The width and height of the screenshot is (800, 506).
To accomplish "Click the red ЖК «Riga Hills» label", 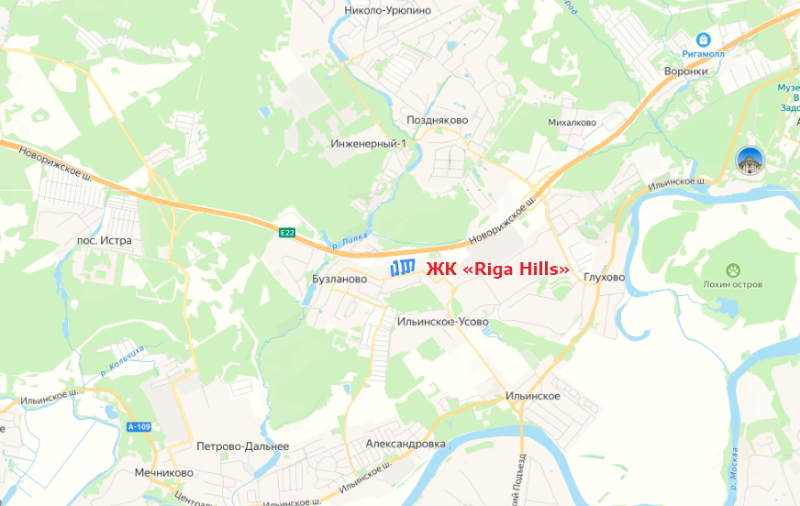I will (x=497, y=269).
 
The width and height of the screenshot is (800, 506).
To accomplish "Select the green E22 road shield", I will (x=288, y=234).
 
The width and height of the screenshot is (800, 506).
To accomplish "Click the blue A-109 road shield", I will (x=138, y=426).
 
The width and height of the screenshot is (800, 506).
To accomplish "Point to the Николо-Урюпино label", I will (x=387, y=10).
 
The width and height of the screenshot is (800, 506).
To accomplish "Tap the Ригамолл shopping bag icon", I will (x=703, y=39).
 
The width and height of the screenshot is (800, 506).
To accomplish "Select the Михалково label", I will (x=572, y=122).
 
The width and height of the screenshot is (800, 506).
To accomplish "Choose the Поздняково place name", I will (x=438, y=120).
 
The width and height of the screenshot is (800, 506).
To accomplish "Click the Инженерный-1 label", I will (x=368, y=144).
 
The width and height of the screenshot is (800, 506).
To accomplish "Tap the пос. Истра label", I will (x=105, y=241).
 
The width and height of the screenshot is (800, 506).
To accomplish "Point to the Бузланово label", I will (x=339, y=279).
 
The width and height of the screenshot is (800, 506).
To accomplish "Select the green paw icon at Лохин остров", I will (x=734, y=269).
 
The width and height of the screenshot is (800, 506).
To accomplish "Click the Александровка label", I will (x=405, y=444).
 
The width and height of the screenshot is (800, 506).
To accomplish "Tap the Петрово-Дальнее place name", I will (x=242, y=446).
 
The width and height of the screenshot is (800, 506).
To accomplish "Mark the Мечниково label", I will (x=163, y=473).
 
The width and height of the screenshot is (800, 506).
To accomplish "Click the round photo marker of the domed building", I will (x=750, y=160).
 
